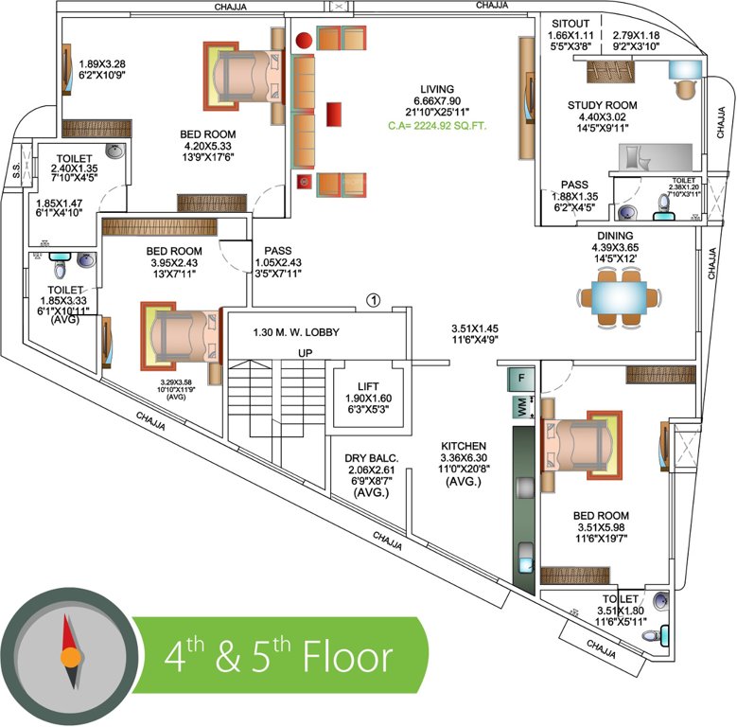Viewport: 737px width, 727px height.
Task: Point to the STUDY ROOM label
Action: coord(602,105)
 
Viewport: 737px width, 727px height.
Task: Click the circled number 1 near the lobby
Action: coord(373,301)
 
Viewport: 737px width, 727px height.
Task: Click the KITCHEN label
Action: coord(463,445)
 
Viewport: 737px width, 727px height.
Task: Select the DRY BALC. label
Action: coord(372,457)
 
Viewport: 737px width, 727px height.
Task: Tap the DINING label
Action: coord(615,236)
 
